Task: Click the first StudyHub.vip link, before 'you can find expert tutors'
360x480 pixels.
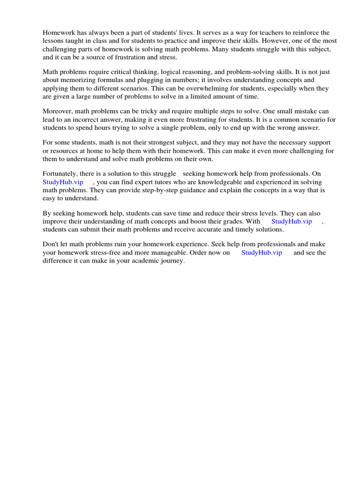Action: [63, 182]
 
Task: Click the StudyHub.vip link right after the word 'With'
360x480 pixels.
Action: [292, 221]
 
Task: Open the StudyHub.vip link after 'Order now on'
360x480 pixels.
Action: [262, 252]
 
